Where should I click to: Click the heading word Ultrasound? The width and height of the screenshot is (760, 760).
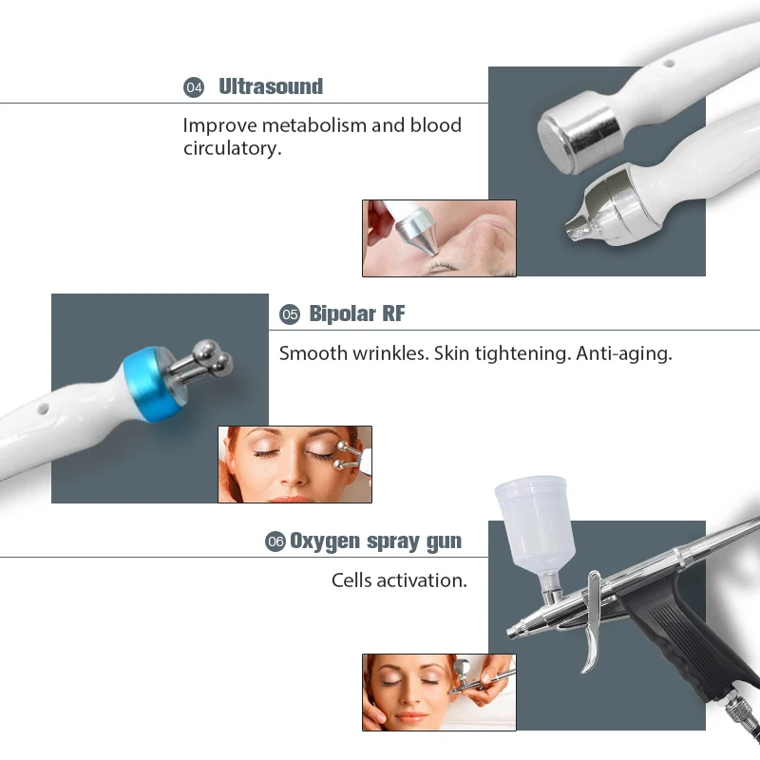271,87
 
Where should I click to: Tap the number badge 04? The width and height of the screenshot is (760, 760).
194,87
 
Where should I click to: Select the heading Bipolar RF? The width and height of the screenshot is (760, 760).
357,314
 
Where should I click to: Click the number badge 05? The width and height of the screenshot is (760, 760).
290,314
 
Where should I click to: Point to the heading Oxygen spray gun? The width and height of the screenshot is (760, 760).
375,541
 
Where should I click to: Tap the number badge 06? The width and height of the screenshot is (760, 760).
275,541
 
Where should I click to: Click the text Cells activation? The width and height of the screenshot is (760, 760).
399,579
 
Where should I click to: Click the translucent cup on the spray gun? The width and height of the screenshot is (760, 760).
532,522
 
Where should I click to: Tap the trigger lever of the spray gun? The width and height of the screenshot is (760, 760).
592,622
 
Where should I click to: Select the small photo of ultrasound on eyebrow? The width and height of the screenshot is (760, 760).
438,237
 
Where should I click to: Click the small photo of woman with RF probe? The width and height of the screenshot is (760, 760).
294,464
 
